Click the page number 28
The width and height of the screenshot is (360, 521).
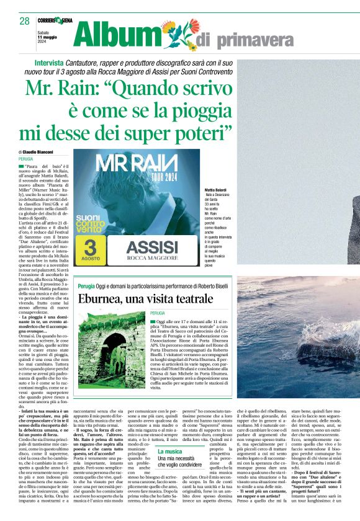click(24, 21)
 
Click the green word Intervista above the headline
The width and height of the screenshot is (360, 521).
click(49, 64)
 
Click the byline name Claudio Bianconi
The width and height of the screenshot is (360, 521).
click(39, 152)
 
